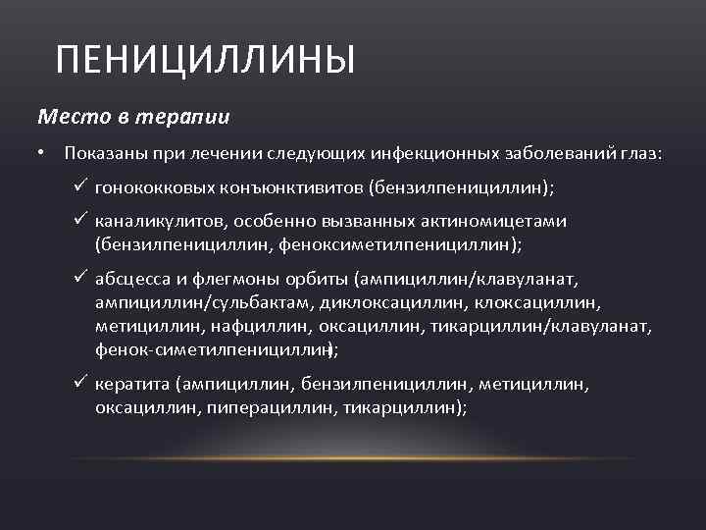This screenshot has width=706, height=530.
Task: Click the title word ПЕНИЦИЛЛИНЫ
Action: (x=205, y=61)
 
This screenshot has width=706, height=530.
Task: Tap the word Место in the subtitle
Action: (x=67, y=117)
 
